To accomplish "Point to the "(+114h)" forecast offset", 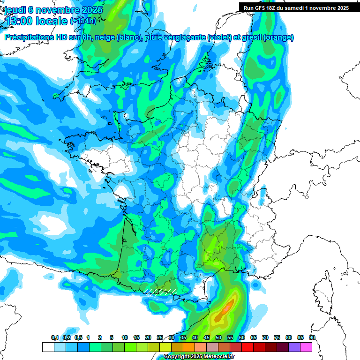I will tap(83, 21).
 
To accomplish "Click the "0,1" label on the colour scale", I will tap(54, 337).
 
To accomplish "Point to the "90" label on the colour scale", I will tap(312, 337).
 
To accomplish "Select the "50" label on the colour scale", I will tap(218, 337).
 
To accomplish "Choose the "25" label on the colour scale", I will tap(160, 337).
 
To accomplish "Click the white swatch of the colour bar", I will tap(48, 347).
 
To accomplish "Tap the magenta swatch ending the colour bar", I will tap(306, 347).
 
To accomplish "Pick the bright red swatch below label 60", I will tap(247, 347).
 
